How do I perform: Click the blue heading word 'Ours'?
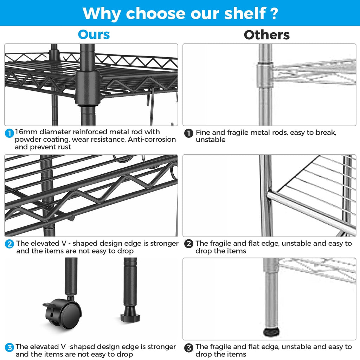pos(94,35)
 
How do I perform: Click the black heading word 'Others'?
pos(266,35)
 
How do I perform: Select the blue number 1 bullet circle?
pos(9,133)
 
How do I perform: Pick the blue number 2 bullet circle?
pos(9,244)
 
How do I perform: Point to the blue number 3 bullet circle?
pos(9,347)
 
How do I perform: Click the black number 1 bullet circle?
pos(189,133)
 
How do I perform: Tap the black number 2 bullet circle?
pos(189,244)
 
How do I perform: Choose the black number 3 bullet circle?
pos(189,348)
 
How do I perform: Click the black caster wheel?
pos(63,313)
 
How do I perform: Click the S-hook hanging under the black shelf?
pos(150,105)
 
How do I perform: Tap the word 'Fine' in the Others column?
pos(203,133)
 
